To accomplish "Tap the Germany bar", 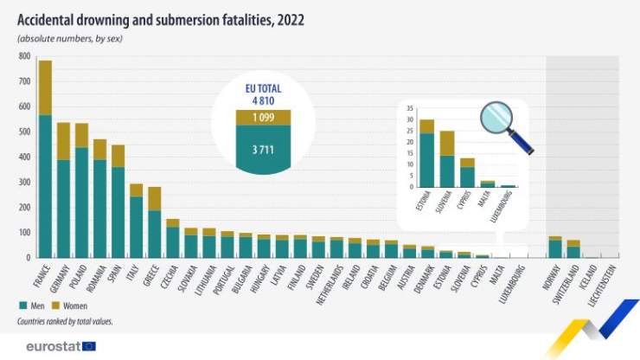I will (63, 190).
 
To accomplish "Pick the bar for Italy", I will (136, 221).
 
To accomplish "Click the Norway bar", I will (554, 247).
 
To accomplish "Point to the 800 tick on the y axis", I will (24, 56).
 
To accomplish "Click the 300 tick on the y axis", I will (24, 182).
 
